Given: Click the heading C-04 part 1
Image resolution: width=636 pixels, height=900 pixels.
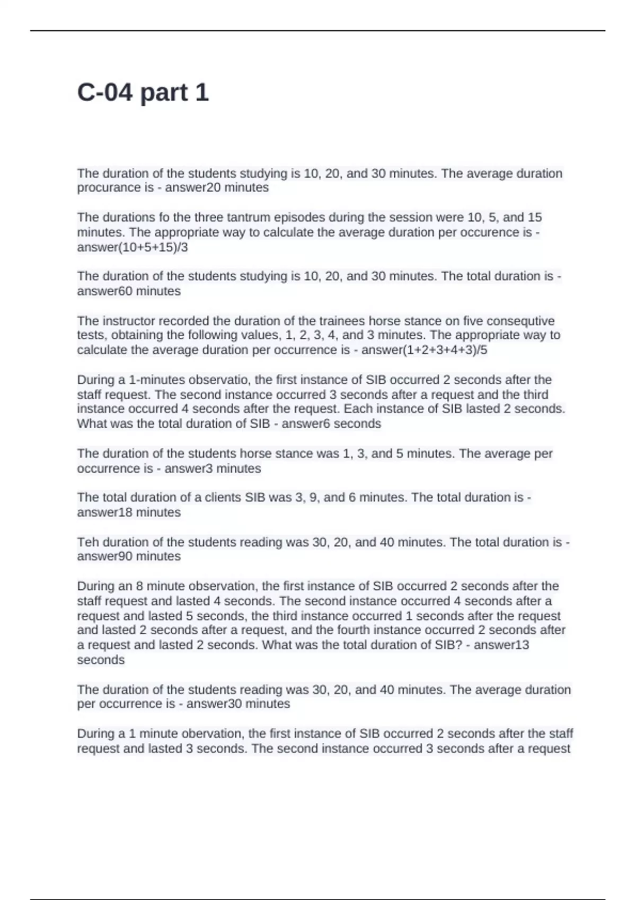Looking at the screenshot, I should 143,93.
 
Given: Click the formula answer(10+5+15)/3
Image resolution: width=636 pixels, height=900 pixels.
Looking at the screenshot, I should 132,247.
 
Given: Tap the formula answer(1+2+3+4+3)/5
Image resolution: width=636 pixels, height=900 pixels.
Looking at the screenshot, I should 424,350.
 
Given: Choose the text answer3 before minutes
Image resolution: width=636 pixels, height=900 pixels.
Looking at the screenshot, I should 189,469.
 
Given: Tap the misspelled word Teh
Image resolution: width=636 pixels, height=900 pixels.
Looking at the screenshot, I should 88,542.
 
